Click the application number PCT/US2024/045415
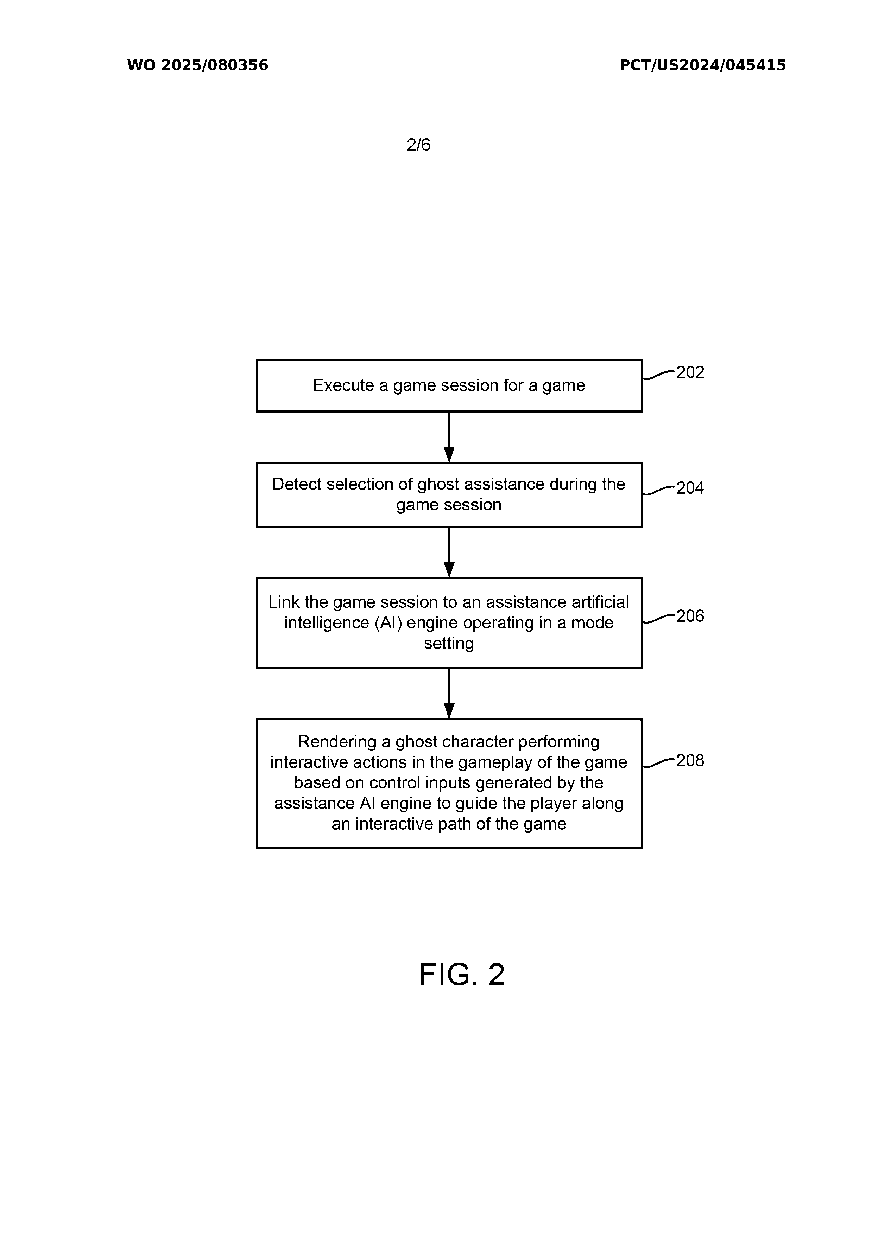(x=702, y=65)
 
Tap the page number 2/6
(x=418, y=145)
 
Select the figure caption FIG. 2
(x=462, y=975)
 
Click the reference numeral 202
(x=690, y=372)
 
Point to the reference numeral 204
(x=690, y=488)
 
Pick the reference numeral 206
(x=690, y=616)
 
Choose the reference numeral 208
(x=690, y=760)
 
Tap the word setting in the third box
(x=449, y=643)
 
